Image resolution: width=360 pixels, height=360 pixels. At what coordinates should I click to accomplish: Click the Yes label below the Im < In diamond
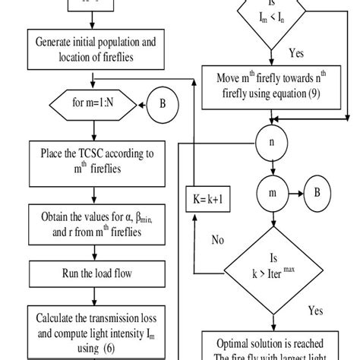(x=298, y=54)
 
